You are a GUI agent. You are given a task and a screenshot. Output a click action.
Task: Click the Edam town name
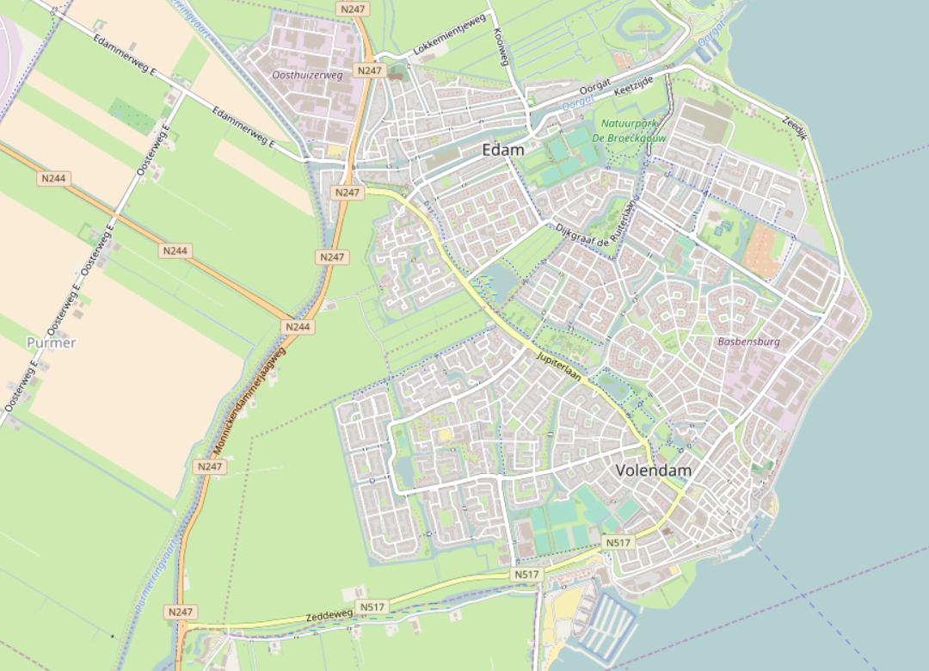(x=503, y=150)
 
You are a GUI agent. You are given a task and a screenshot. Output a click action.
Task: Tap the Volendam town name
(x=654, y=471)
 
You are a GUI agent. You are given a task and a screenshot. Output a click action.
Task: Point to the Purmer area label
(x=52, y=342)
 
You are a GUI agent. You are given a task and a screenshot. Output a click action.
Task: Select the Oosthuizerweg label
(x=307, y=76)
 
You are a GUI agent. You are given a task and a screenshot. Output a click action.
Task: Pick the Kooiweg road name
(x=501, y=47)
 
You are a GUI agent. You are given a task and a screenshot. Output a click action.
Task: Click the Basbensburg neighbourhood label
(x=748, y=342)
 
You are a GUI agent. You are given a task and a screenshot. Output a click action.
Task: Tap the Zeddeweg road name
(x=329, y=616)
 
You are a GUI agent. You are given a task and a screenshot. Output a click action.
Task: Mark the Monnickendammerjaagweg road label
(x=249, y=402)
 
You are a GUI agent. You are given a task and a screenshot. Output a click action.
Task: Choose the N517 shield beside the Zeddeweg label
(x=373, y=607)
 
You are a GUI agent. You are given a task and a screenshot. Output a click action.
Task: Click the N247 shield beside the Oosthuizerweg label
(x=369, y=71)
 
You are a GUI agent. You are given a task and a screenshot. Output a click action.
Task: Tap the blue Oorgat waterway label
(x=573, y=102)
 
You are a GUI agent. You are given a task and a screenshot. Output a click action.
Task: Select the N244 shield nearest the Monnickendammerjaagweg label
(x=298, y=327)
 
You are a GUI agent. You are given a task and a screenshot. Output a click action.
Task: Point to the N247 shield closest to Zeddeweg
(x=180, y=612)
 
